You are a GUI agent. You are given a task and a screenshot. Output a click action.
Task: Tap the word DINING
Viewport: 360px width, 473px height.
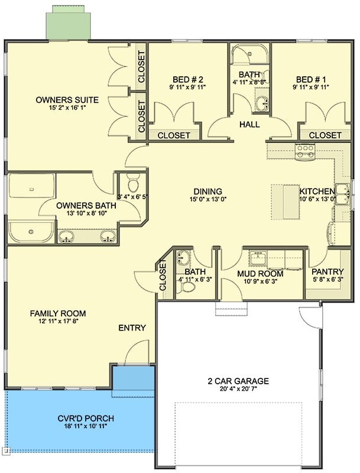[207, 192]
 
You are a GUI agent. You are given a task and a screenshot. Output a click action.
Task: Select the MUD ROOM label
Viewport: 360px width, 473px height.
[260, 274]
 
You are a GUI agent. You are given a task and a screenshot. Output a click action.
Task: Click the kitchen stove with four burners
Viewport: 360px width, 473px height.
[306, 152]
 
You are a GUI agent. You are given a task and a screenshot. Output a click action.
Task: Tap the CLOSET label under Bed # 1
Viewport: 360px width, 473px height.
[325, 135]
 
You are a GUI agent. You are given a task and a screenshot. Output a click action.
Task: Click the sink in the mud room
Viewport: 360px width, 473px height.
[258, 258]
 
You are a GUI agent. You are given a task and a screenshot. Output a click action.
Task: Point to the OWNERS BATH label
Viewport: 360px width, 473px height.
[81, 206]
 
